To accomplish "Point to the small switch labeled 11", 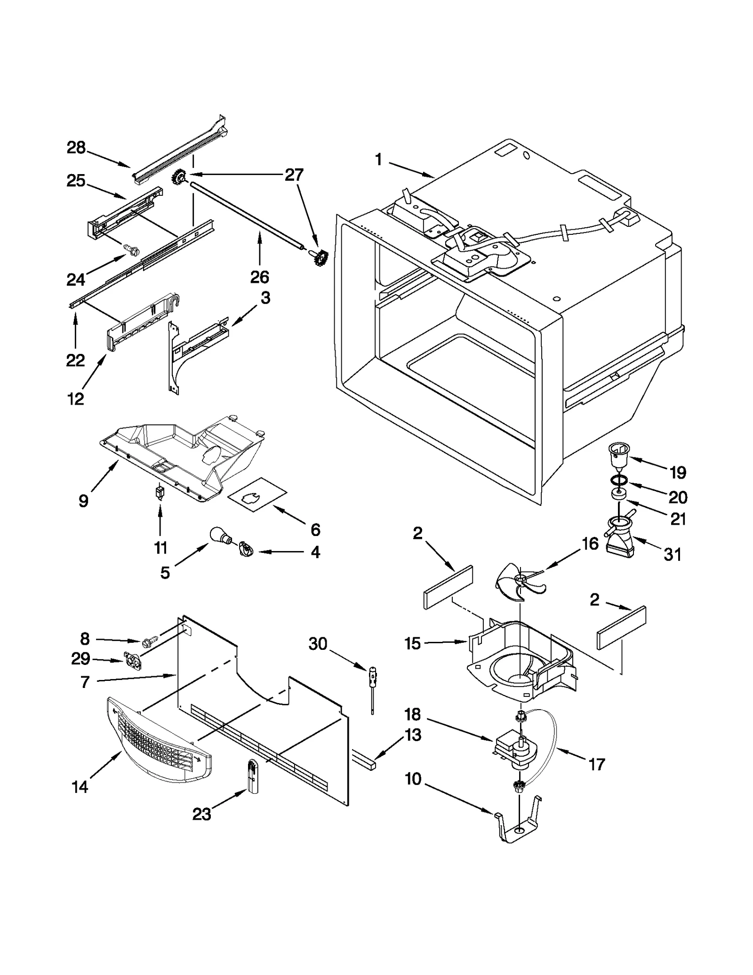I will point(160,492).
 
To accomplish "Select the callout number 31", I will point(672,555).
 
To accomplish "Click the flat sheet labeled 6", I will point(257,495).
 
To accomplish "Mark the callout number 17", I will point(596,765).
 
